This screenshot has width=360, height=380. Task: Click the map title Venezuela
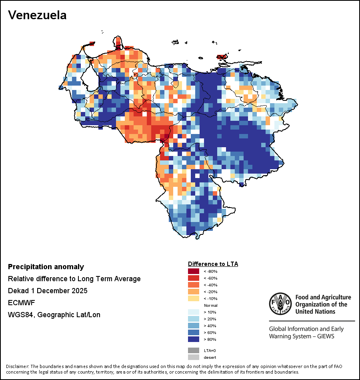click(x=37, y=15)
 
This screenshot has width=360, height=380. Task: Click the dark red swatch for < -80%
click(x=193, y=271)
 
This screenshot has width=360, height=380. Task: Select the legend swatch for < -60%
click(x=193, y=278)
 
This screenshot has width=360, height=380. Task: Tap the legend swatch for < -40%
click(x=193, y=285)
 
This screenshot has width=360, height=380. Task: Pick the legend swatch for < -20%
click(x=193, y=292)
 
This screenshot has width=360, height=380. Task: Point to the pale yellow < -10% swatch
click(x=193, y=298)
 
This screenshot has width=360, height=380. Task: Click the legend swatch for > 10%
click(x=193, y=312)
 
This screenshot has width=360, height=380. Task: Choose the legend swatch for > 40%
click(x=193, y=326)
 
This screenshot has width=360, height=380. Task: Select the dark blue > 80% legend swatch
click(x=193, y=339)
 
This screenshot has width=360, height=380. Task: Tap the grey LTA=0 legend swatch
click(x=193, y=350)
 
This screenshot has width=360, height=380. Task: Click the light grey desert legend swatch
click(x=193, y=357)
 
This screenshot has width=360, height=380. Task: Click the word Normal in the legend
click(x=210, y=305)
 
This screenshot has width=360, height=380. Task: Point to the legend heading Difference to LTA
click(x=213, y=264)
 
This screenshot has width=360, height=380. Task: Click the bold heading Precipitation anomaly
click(x=46, y=267)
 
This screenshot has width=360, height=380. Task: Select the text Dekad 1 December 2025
click(x=48, y=291)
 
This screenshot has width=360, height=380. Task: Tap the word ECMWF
click(x=20, y=303)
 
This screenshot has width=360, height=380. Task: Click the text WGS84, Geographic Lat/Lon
click(x=54, y=315)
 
